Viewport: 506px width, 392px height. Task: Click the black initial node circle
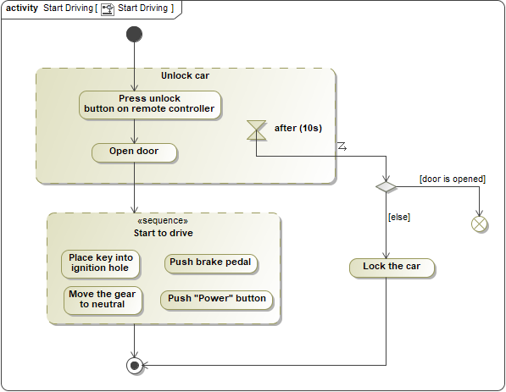134,34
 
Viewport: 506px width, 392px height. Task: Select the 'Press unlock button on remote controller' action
150,104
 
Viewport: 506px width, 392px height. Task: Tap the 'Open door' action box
135,152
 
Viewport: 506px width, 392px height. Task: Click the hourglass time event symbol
256,130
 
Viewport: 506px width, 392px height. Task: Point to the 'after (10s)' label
297,129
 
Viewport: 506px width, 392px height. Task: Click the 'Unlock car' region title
185,75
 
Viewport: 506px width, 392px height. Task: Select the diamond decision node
386,185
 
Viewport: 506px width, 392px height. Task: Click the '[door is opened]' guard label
452,179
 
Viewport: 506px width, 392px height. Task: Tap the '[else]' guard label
398,217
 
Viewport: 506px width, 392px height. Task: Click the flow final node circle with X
480,224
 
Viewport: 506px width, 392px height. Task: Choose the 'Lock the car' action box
392,267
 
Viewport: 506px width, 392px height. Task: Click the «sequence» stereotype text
162,221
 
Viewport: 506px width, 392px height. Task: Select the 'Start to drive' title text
162,233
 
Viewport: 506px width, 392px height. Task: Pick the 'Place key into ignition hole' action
101,262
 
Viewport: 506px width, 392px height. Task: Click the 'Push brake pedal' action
210,262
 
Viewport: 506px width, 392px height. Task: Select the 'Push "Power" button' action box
216,299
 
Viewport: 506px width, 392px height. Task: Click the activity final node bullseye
134,366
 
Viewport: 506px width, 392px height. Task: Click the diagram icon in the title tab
108,8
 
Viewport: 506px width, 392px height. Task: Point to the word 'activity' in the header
22,8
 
